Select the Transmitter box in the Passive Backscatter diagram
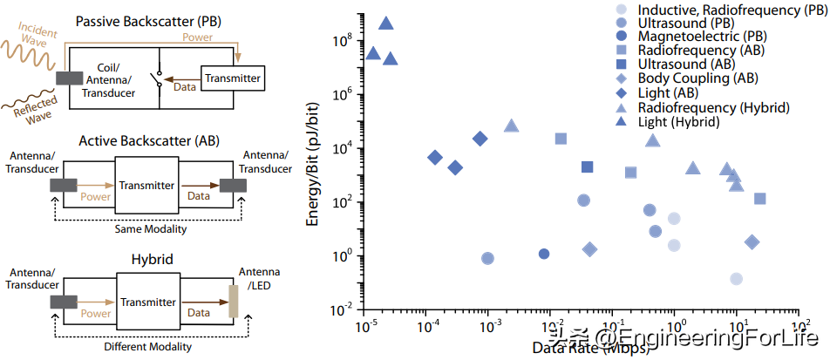point(232,78)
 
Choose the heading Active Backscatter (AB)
point(149,140)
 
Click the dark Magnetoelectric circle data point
point(544,254)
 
